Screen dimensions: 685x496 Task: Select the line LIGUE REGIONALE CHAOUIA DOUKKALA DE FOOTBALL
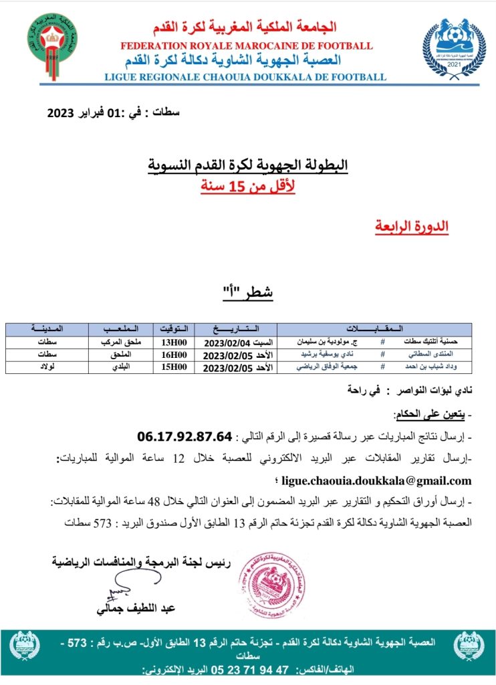point(245,76)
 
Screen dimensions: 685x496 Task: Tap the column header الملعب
point(120,328)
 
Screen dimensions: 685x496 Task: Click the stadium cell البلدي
point(120,366)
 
